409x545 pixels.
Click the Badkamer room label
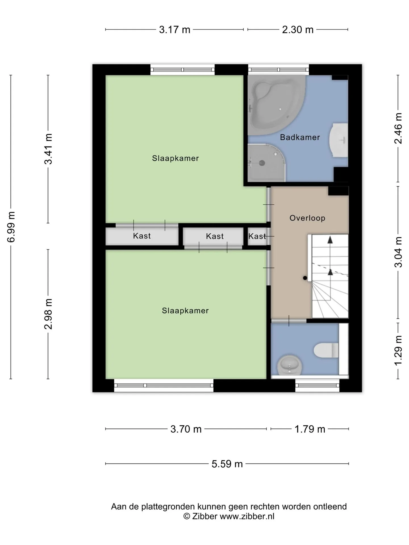(x=300, y=137)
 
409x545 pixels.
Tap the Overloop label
(x=307, y=218)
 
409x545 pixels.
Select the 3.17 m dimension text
(x=174, y=30)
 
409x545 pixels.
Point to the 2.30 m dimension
(x=298, y=30)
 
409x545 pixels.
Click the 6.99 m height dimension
(x=11, y=227)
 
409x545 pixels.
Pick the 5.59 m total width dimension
(x=227, y=464)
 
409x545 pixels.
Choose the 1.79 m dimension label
(x=310, y=429)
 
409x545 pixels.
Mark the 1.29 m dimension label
(x=398, y=351)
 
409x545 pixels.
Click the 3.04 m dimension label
(x=398, y=252)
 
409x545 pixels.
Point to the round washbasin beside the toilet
(x=289, y=364)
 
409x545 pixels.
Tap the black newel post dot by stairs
(x=305, y=278)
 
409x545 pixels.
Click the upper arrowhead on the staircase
(x=330, y=240)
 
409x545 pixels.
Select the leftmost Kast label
(x=142, y=236)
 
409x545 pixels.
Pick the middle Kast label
(x=215, y=236)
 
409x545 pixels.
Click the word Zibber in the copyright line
(x=205, y=516)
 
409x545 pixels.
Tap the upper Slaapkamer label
(x=175, y=158)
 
